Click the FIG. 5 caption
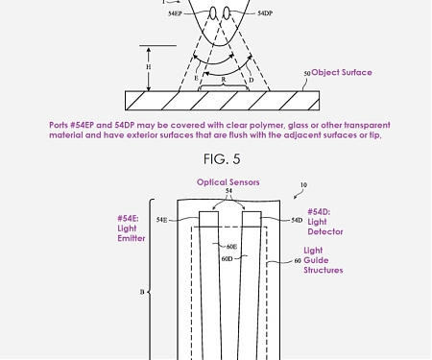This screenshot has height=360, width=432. click(x=223, y=159)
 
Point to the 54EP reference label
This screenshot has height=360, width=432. click(x=175, y=14)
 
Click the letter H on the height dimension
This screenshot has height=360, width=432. click(x=149, y=67)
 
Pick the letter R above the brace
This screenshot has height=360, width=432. click(x=223, y=81)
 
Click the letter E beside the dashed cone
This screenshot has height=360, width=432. click(x=197, y=79)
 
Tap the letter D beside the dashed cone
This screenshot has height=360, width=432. click(x=252, y=80)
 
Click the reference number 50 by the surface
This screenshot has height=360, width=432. click(x=306, y=74)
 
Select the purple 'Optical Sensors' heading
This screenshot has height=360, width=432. click(x=228, y=182)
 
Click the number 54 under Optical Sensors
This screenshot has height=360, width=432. click(x=228, y=192)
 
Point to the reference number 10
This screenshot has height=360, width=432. click(x=303, y=185)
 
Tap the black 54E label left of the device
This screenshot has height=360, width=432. click(x=161, y=221)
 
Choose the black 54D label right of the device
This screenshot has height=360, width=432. click(x=297, y=221)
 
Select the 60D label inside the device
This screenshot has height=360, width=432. click(x=227, y=258)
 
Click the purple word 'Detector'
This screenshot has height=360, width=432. click(x=325, y=232)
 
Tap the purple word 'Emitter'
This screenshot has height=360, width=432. click(x=132, y=238)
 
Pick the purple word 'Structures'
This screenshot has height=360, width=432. click(x=324, y=271)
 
